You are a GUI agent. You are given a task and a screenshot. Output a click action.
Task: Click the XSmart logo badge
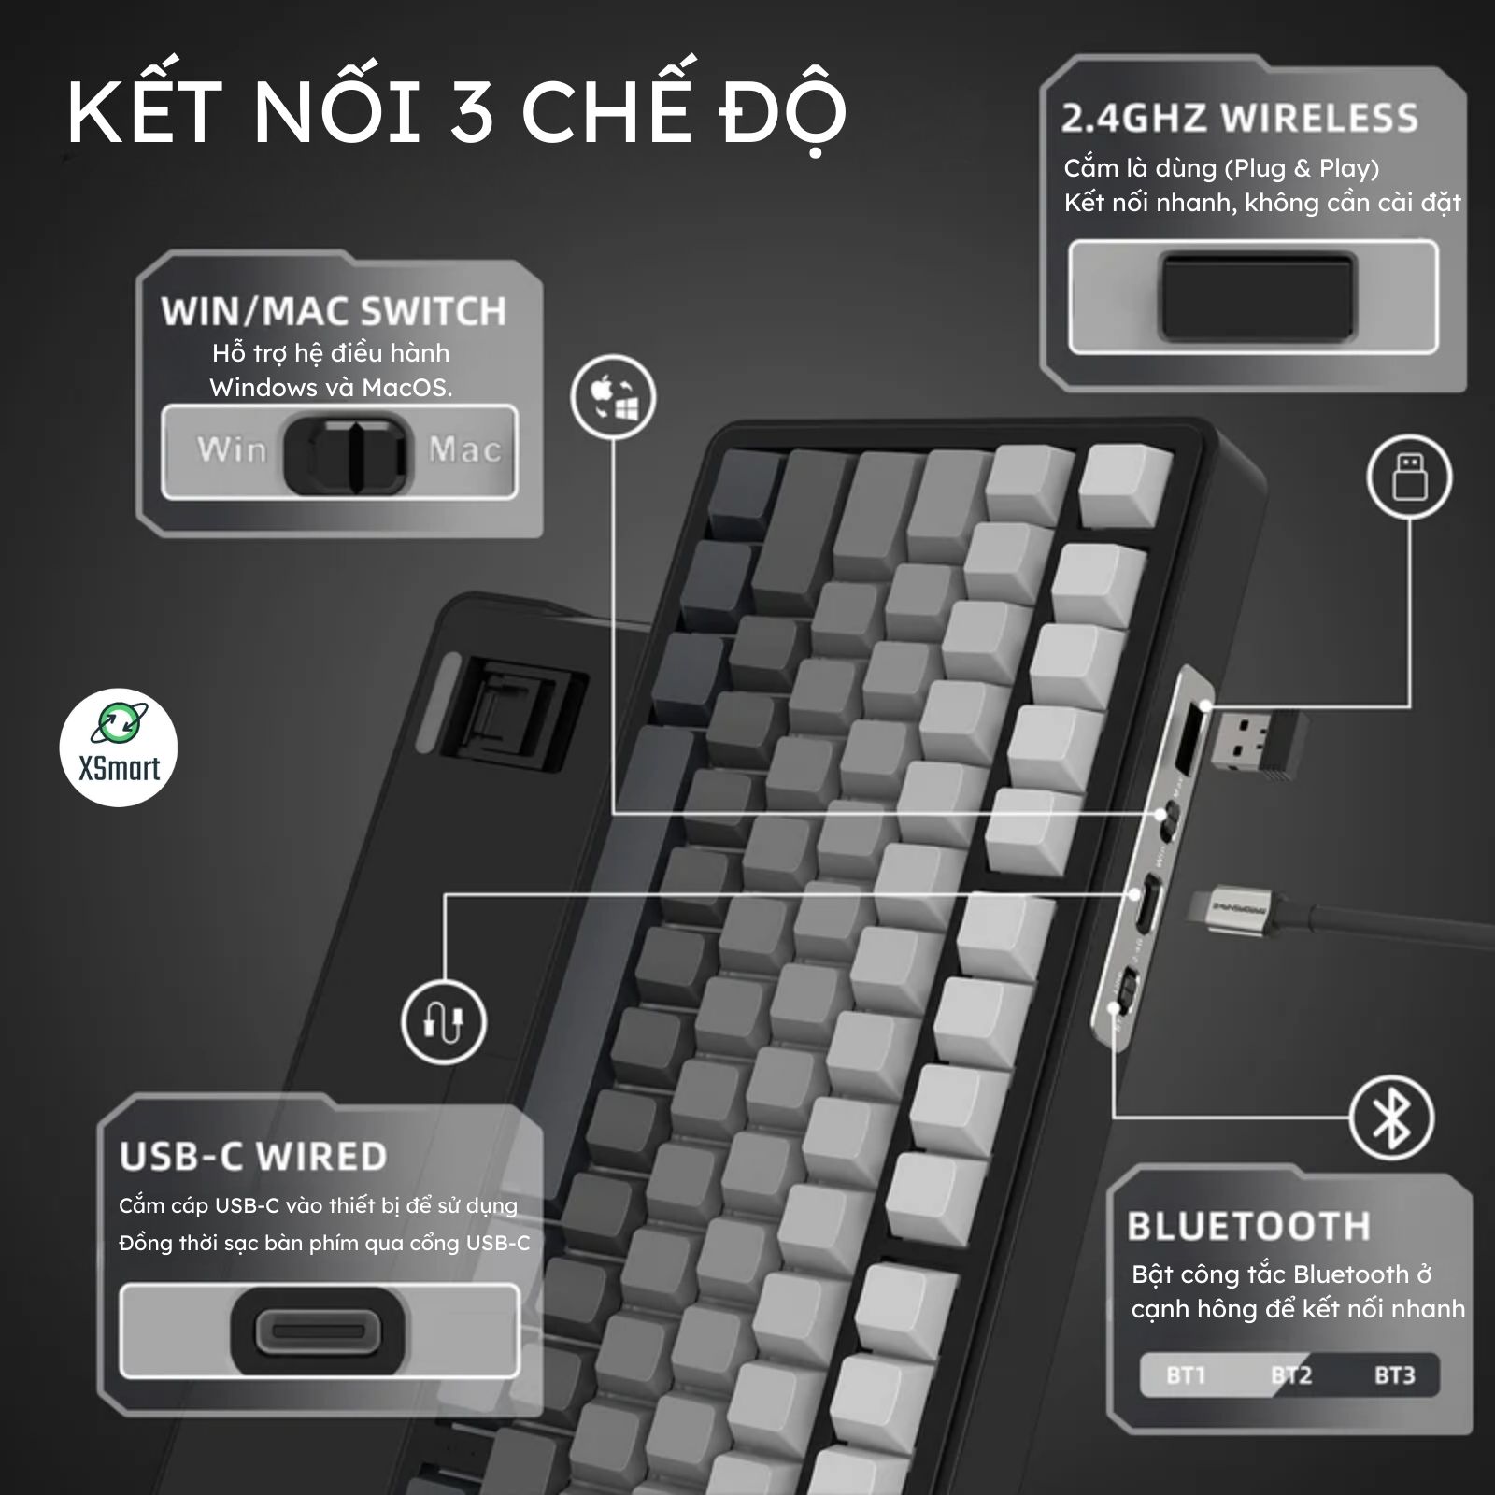(118, 747)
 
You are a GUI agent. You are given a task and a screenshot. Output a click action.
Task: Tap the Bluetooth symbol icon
(1391, 1118)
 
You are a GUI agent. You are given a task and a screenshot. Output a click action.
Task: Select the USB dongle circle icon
(1409, 477)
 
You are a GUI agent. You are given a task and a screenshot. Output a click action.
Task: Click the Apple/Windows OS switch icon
(614, 397)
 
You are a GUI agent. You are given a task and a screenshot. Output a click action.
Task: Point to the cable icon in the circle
(445, 1021)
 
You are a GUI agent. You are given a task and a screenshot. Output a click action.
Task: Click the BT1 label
(1186, 1375)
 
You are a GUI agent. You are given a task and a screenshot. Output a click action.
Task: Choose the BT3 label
(1394, 1375)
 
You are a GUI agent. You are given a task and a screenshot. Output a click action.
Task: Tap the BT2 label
(1291, 1375)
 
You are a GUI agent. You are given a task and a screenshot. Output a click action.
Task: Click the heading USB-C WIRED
(253, 1157)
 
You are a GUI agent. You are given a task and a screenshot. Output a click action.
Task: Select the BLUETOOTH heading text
(1248, 1226)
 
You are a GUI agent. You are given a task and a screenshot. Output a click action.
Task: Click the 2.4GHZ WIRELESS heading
(1240, 119)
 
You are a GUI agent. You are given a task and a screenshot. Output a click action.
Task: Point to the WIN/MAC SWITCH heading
(334, 311)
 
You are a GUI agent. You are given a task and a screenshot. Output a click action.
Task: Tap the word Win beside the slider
(232, 449)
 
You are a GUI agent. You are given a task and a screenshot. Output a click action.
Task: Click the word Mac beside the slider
(465, 449)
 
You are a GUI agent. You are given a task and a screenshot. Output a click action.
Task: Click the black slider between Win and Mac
(348, 454)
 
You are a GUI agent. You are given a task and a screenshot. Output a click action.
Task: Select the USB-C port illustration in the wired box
(319, 1331)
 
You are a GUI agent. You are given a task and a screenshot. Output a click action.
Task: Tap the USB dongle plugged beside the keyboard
(1253, 743)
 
